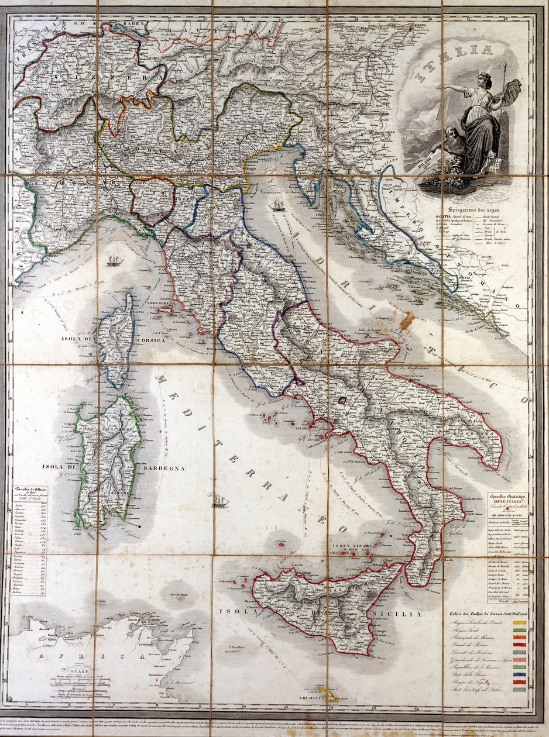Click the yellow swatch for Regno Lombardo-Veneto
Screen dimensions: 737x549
tap(519, 622)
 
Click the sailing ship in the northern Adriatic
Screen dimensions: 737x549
tap(278, 205)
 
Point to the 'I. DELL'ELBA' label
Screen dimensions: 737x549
tap(156, 302)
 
